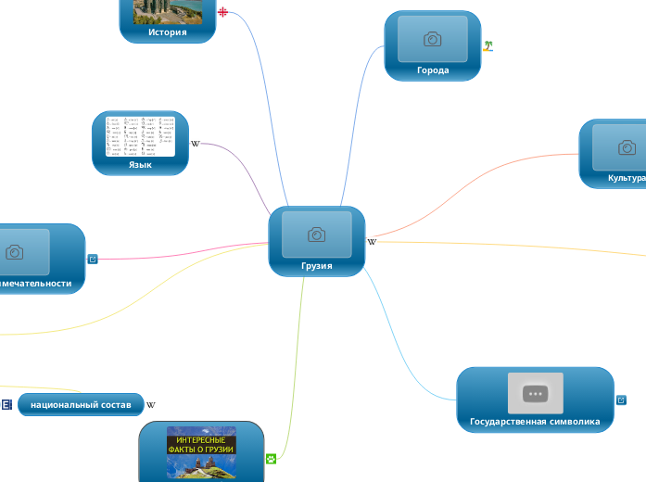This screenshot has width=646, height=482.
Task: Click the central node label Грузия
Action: click(x=316, y=266)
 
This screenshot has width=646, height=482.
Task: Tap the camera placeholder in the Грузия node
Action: click(x=316, y=235)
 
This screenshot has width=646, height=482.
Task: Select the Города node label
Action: click(x=433, y=70)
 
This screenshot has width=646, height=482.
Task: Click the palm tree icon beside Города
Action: click(x=488, y=44)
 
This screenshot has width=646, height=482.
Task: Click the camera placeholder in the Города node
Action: click(x=433, y=39)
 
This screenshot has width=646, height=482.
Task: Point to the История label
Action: click(x=168, y=32)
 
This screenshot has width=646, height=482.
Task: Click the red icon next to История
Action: click(x=222, y=13)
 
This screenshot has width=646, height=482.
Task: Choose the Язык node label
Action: click(x=140, y=165)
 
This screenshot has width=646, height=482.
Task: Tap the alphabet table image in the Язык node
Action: click(x=140, y=136)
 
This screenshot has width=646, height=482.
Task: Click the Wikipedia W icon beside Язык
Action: click(x=195, y=144)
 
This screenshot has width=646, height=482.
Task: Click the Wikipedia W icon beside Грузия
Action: click(x=372, y=242)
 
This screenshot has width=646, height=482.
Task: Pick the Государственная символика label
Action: click(x=535, y=422)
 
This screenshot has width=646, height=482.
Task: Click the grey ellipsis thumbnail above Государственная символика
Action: click(x=535, y=393)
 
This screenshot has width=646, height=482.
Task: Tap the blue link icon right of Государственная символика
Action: click(x=621, y=400)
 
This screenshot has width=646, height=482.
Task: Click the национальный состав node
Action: click(x=81, y=405)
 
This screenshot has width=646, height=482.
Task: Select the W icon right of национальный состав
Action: click(x=151, y=405)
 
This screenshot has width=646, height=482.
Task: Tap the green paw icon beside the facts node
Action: click(x=271, y=458)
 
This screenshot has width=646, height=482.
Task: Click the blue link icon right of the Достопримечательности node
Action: click(x=92, y=259)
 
